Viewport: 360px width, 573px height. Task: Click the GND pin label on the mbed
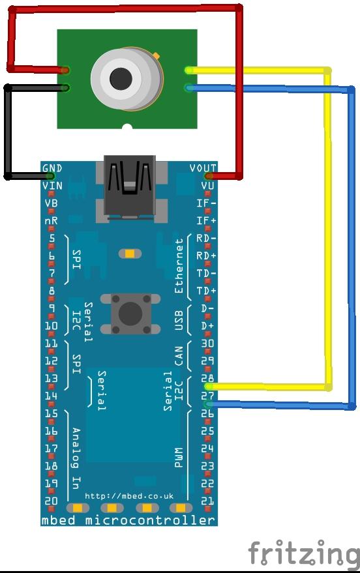[52, 168]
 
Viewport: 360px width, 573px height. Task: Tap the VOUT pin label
[203, 168]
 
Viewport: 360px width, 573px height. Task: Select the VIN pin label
[52, 186]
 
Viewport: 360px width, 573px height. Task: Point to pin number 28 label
[207, 377]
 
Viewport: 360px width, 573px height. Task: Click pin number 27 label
[207, 396]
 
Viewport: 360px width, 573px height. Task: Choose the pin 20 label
[51, 501]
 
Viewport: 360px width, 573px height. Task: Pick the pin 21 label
[207, 501]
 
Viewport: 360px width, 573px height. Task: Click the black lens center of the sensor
[121, 78]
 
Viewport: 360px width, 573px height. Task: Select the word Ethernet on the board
[179, 266]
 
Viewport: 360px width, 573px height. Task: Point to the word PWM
[178, 457]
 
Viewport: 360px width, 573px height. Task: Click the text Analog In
[76, 458]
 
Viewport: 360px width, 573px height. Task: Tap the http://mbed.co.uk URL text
[129, 496]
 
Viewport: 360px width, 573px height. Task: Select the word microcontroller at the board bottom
[150, 520]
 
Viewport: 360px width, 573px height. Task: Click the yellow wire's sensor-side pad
[189, 70]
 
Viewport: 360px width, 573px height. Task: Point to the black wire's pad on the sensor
[65, 88]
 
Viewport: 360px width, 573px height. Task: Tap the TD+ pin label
[207, 291]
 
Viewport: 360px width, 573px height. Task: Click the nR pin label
[51, 221]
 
